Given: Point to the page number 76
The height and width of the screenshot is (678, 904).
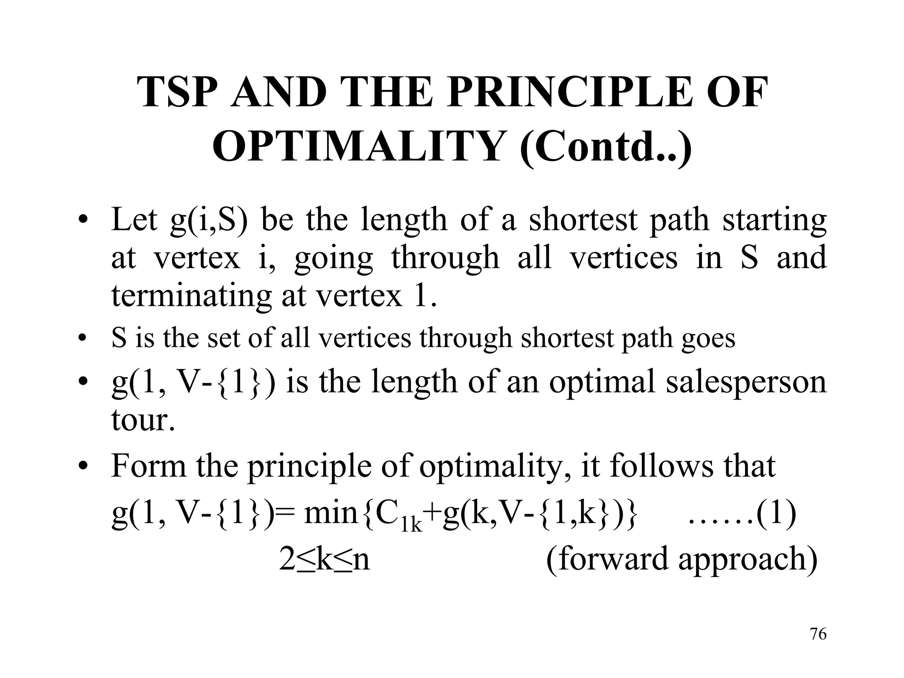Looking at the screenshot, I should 818,634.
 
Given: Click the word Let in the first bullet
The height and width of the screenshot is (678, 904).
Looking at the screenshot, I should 134,219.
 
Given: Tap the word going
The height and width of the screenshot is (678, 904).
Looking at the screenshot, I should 333,259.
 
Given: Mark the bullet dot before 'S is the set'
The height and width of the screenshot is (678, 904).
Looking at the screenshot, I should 81,339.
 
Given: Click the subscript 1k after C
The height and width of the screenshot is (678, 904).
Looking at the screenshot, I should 412,525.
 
